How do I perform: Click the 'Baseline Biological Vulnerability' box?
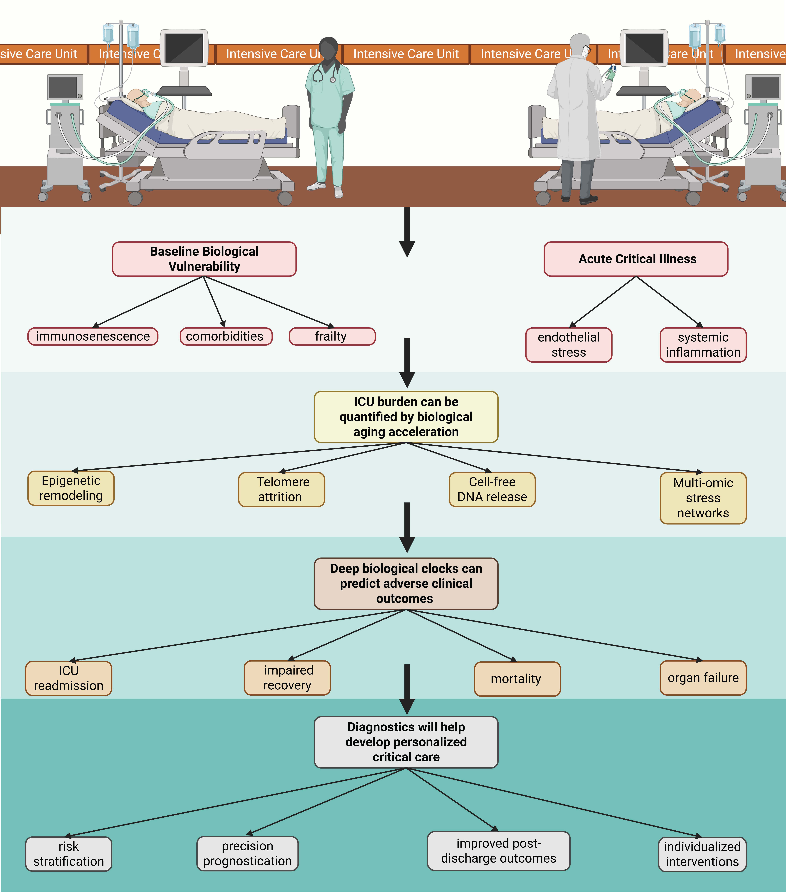click(204, 259)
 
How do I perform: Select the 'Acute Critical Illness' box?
click(636, 259)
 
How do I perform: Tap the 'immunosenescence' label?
click(93, 336)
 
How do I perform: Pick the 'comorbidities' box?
click(226, 336)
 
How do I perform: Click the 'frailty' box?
click(332, 336)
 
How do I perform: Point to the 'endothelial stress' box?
click(569, 345)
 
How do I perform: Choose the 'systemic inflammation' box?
click(703, 345)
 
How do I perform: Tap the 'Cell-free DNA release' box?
click(492, 489)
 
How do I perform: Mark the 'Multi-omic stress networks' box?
click(703, 498)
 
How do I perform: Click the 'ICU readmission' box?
click(69, 678)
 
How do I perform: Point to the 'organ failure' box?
click(703, 678)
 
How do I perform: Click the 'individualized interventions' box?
click(702, 854)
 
